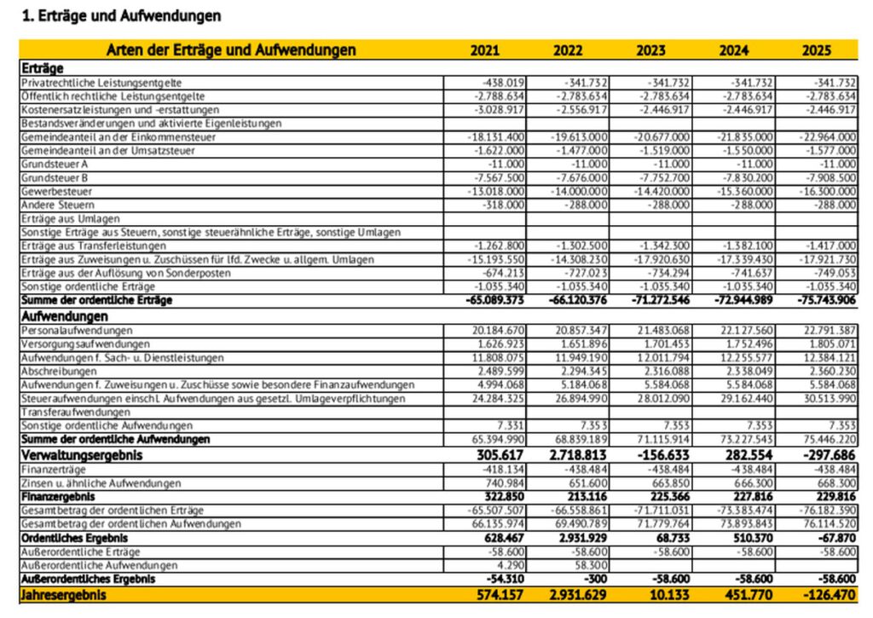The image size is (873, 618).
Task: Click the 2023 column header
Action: coord(650,50)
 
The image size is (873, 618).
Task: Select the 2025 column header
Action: coord(816,50)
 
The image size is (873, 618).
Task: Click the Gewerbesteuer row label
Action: coord(52,192)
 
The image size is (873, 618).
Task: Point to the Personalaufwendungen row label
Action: coord(76,330)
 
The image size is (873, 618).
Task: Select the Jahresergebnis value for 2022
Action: coord(579,595)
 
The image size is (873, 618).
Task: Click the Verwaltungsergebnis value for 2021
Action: coord(499,456)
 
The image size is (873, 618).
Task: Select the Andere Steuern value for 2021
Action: coord(506,205)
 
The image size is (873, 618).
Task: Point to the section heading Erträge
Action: coord(42,68)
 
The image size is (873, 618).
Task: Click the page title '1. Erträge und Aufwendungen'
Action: coord(120,16)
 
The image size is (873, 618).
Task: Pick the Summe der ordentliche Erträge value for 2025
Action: coord(823,301)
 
